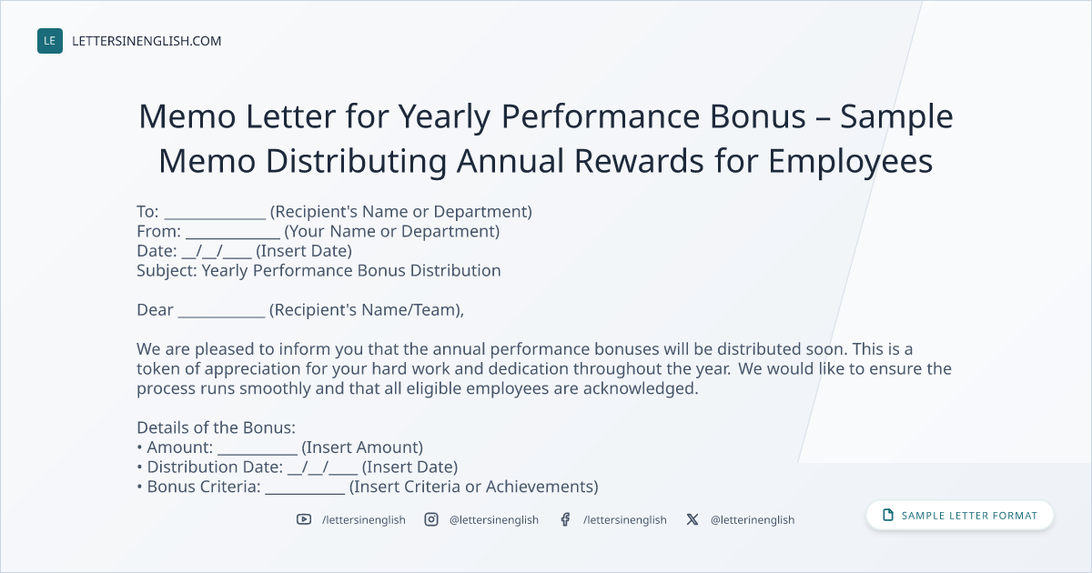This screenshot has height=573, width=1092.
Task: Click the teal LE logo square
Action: pos(50,41)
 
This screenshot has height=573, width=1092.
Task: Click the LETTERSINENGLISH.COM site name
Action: pos(147,41)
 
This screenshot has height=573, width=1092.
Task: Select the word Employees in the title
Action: pos(851,162)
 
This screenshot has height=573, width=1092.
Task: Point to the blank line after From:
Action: pos(233,238)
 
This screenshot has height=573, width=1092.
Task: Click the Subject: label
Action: pos(167,271)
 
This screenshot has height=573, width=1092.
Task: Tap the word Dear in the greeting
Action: pos(155,310)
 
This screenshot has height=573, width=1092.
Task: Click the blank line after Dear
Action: pos(221,317)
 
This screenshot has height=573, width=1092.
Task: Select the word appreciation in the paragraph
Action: pos(253,369)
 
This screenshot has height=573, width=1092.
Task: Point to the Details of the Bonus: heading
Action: pos(216,427)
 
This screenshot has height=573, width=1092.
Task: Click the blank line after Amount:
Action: pos(258,455)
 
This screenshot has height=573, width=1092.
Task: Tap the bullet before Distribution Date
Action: pos(139,467)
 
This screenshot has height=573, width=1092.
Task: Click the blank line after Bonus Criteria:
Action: pos(305,494)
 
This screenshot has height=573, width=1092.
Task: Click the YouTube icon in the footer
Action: pos(304,519)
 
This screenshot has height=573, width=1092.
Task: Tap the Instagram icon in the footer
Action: pos(431,519)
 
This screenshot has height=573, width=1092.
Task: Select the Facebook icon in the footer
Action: pos(565,519)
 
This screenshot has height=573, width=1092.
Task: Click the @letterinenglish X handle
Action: pos(753,520)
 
